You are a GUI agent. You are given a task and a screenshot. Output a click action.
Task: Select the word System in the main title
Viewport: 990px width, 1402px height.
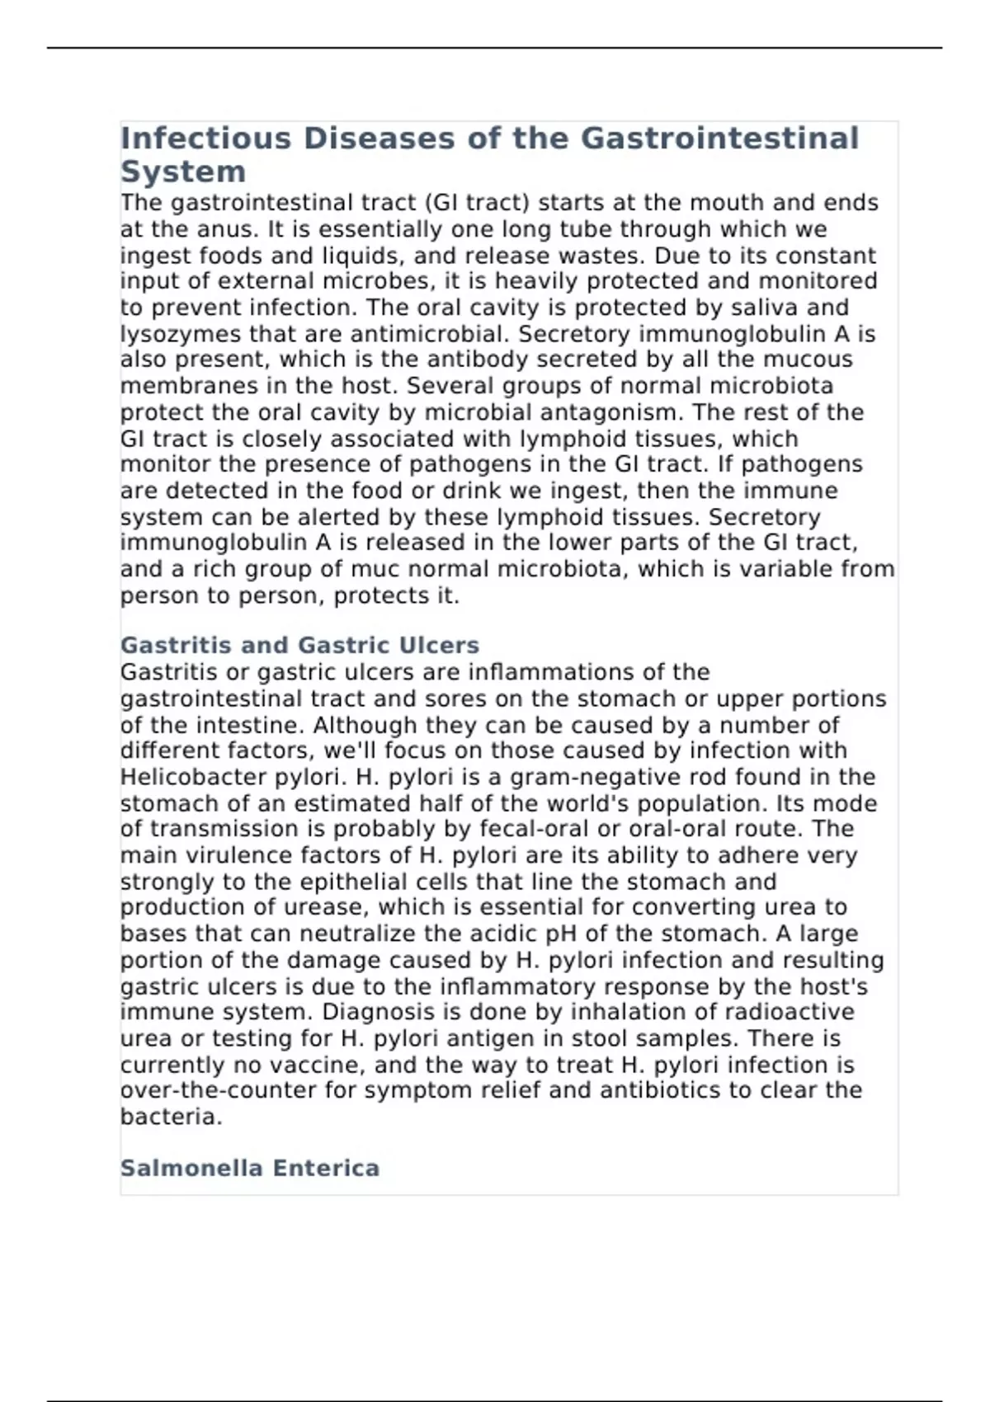183,172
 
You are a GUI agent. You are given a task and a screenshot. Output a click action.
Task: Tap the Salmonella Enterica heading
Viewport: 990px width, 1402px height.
249,1168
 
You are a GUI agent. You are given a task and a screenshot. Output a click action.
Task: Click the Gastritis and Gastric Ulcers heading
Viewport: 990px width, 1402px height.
299,645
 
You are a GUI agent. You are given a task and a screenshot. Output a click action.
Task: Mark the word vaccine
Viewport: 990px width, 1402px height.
320,1065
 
